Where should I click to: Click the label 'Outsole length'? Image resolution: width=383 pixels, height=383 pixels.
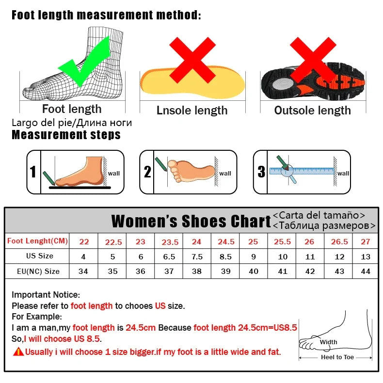312,111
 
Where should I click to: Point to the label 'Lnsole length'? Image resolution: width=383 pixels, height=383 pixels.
192,111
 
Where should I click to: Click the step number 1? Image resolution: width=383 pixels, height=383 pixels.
33,172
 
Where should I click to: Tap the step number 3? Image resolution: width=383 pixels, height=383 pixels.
261,172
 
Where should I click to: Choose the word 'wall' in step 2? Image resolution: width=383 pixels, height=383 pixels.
225,174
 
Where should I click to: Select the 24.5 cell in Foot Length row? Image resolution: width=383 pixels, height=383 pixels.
226,241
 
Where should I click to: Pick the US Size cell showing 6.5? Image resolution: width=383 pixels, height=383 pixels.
169,256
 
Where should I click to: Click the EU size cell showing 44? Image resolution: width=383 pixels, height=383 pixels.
366,271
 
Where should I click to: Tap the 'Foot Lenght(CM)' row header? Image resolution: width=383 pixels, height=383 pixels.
37,241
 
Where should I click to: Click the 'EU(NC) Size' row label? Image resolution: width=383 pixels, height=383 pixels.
38,271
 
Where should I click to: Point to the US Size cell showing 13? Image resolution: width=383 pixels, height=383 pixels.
366,256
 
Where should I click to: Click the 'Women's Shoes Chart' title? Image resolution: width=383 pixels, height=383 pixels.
191,221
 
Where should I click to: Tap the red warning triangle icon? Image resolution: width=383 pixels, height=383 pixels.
18,351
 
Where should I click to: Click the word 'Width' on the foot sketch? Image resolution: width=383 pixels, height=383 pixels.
328,342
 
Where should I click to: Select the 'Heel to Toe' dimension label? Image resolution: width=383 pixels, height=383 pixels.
337,357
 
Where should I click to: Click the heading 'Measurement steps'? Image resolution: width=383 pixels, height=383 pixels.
66,134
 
